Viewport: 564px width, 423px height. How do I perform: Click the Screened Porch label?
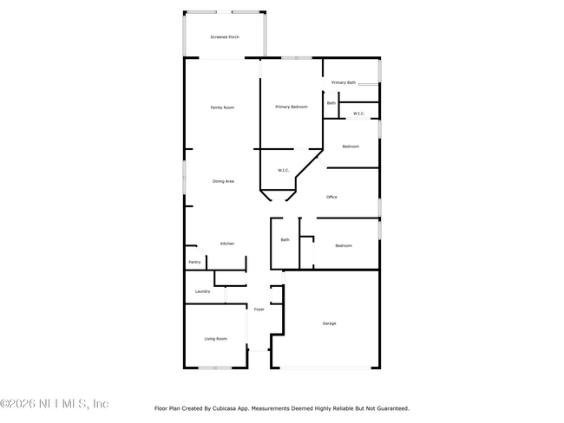[225, 37]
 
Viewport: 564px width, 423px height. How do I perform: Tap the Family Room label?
[223, 107]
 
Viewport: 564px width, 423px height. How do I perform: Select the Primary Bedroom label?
[292, 107]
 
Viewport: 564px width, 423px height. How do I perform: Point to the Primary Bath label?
[344, 82]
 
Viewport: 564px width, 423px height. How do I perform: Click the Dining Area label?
[223, 181]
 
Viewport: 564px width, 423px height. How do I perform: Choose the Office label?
[331, 197]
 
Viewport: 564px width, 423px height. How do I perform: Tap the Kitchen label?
[226, 244]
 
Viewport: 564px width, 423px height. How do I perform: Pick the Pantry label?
[194, 262]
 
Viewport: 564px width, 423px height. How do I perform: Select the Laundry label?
[202, 291]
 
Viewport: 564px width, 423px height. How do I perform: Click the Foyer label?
[259, 309]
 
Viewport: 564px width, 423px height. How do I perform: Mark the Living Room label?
[215, 339]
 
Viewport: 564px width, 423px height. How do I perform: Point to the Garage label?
[330, 323]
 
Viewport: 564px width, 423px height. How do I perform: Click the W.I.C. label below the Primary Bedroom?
[283, 170]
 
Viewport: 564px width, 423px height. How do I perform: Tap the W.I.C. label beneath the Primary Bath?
[358, 114]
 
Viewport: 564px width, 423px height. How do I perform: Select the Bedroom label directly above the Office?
[351, 146]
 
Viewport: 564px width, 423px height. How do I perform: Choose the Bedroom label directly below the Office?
[344, 245]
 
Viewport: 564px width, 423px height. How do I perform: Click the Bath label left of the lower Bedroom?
[285, 240]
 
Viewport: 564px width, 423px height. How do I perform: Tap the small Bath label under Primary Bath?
[331, 103]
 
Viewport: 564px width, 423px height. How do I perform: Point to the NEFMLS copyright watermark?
[55, 404]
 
